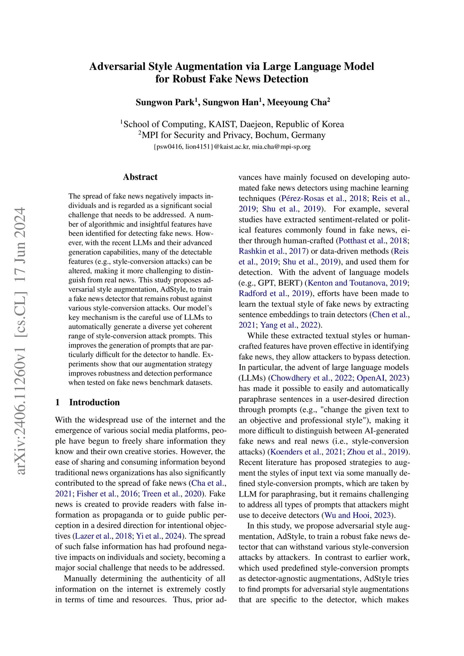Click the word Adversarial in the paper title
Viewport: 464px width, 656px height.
point(117,67)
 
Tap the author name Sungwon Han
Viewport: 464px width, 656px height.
point(230,102)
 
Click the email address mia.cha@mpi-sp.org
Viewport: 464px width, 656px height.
point(281,147)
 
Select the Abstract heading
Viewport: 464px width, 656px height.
point(140,177)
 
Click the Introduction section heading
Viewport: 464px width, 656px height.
point(94,402)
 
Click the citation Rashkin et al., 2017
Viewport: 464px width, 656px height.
point(273,251)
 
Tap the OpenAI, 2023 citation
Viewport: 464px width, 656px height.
point(382,378)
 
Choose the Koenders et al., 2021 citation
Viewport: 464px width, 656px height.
point(306,452)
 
